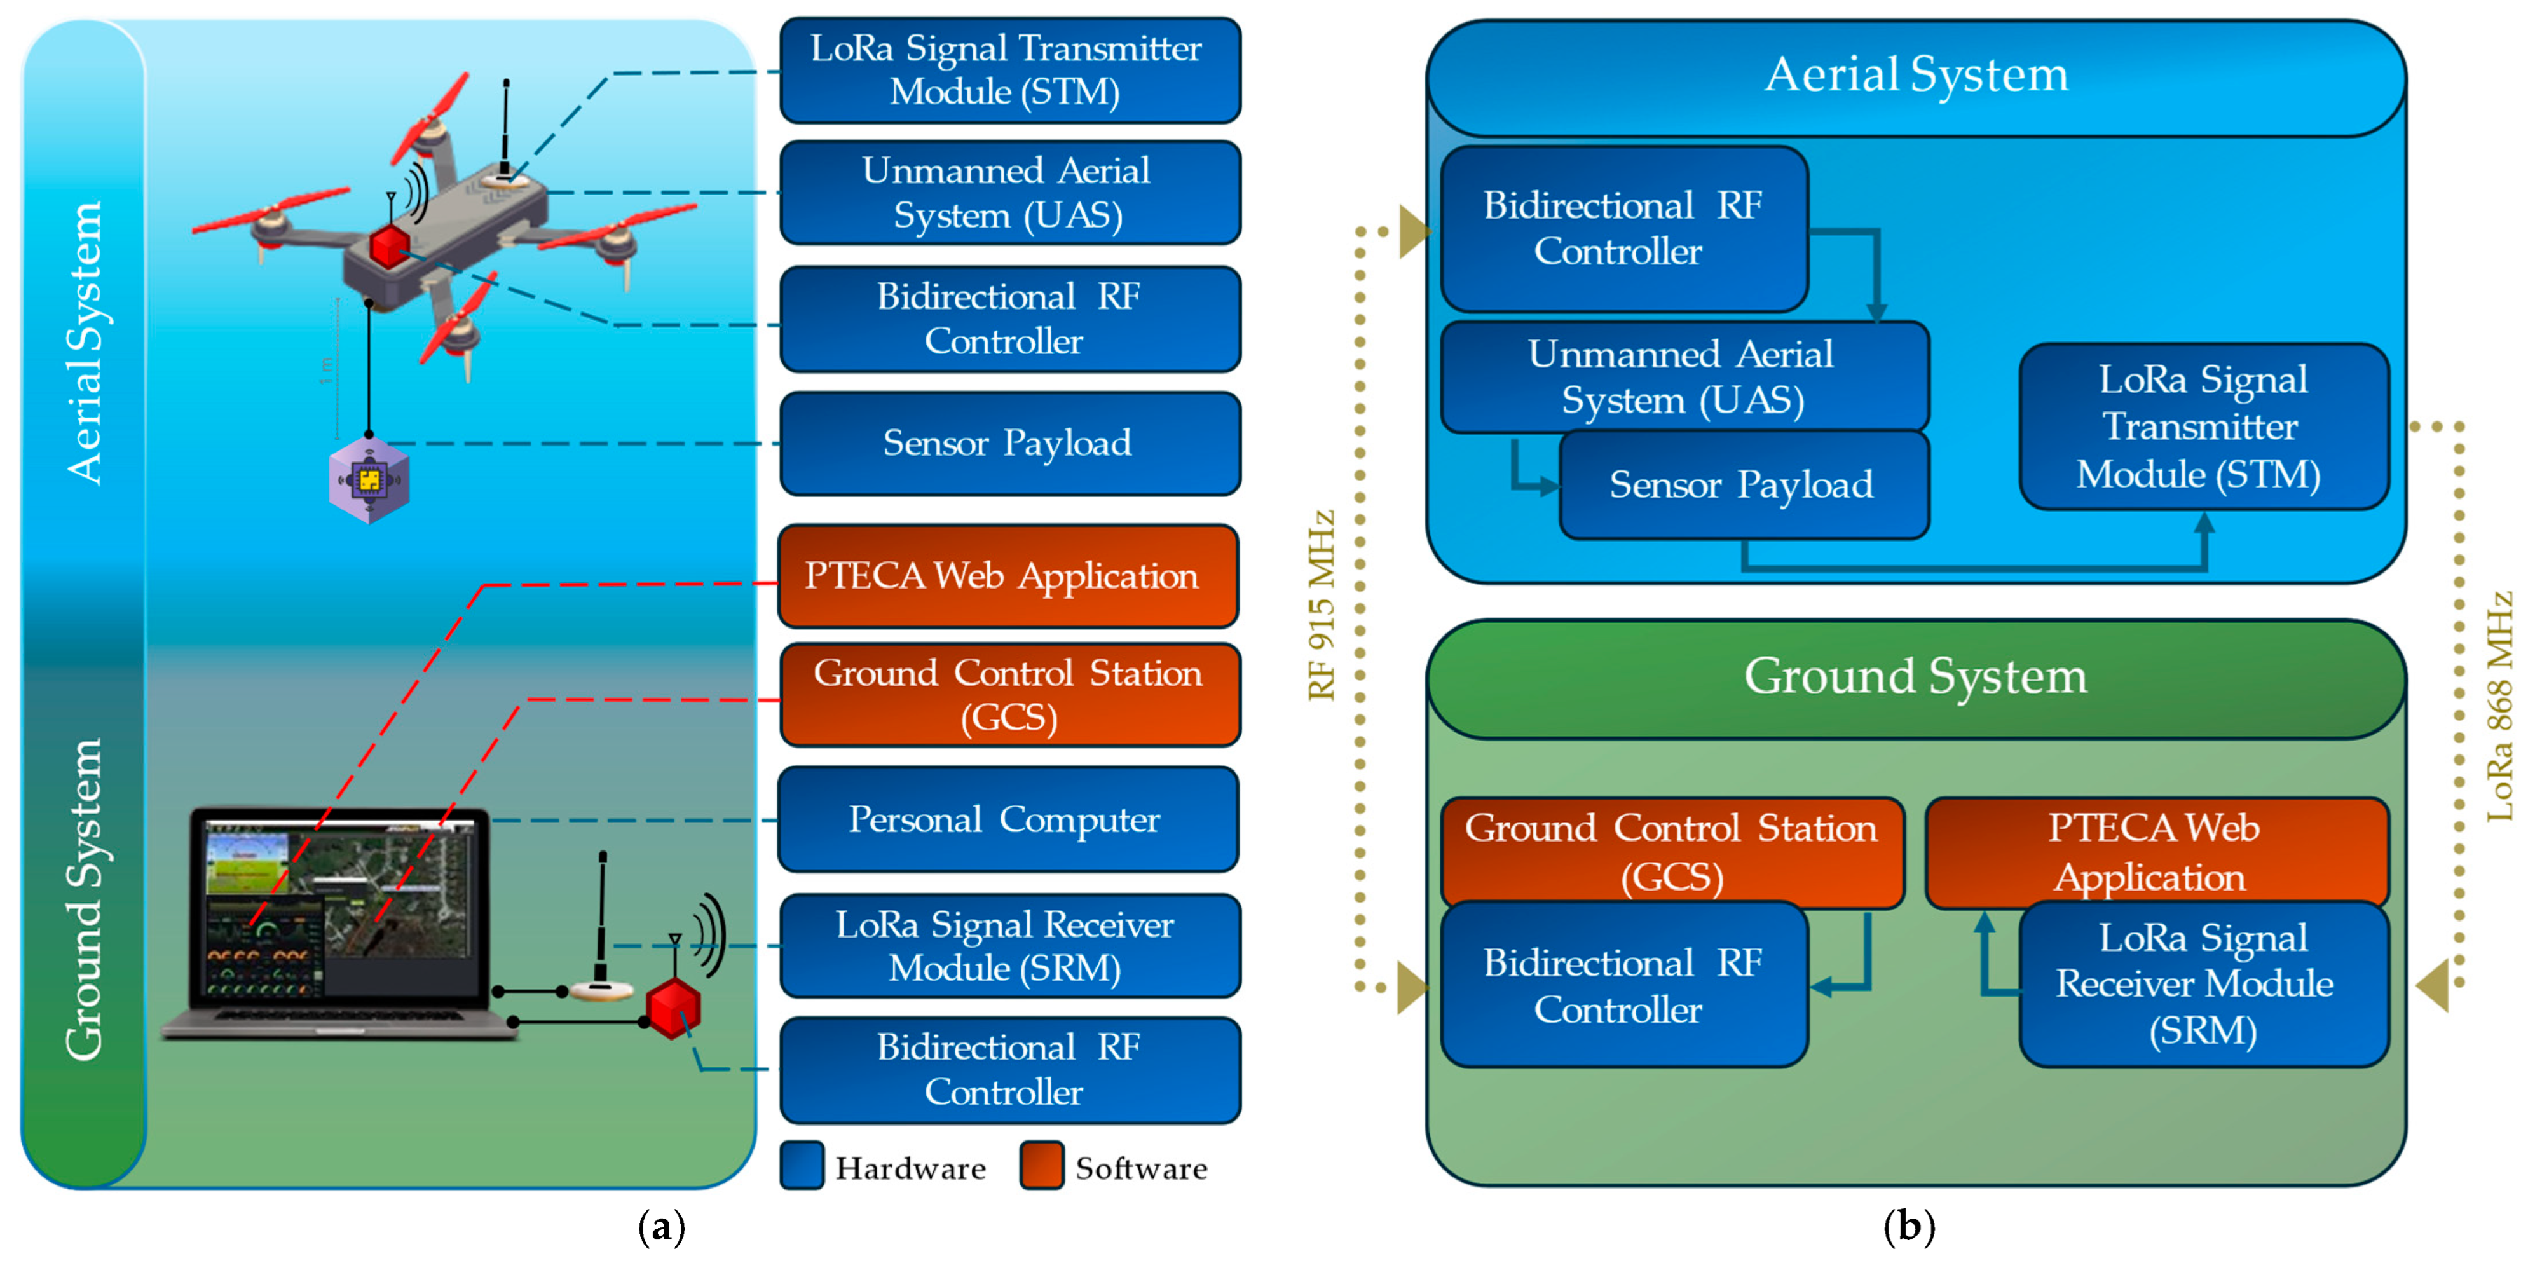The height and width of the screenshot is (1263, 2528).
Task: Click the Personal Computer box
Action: pos(1008,819)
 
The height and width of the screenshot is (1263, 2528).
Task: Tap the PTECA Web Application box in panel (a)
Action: pos(1008,576)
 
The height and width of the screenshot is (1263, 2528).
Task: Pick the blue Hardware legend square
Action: pos(802,1166)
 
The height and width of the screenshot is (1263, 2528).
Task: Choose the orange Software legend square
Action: pos(1041,1166)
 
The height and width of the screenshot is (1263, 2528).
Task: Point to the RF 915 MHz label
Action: pos(1322,606)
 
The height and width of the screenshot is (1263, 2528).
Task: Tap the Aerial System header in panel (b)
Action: pos(1916,76)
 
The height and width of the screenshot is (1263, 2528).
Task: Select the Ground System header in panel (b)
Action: pos(1916,677)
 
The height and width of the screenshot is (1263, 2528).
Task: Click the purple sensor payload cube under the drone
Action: pos(369,481)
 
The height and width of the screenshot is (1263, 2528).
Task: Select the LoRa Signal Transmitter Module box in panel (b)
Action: pos(2203,426)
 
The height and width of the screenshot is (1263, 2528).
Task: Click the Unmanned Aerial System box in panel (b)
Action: pos(1684,377)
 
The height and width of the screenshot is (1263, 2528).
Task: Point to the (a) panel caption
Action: pos(662,1227)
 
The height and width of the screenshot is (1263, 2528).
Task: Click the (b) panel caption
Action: pos(1910,1227)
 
